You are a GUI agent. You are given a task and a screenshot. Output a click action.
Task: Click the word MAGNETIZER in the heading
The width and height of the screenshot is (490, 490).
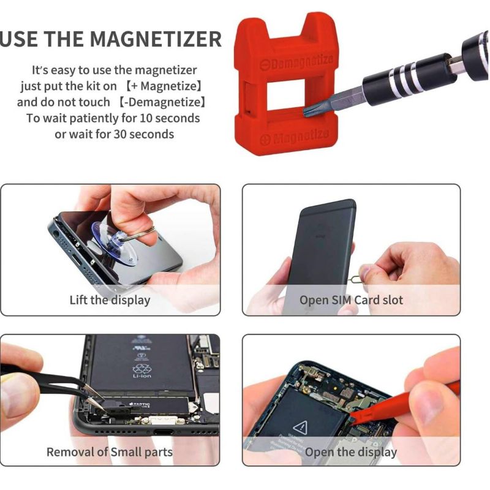(156, 39)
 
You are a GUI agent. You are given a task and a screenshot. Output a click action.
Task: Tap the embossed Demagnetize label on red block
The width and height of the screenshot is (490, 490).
(295, 62)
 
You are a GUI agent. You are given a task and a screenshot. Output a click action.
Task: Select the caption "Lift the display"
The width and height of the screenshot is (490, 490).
(110, 300)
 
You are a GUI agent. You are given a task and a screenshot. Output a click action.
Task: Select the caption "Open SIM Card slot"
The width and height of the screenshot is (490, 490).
(351, 300)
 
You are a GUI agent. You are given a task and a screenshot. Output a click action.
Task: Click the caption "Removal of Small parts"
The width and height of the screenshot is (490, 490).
(110, 453)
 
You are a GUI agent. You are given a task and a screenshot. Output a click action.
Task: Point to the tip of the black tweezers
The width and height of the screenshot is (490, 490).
(92, 399)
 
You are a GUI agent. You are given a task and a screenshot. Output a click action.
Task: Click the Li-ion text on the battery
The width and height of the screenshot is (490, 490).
(141, 375)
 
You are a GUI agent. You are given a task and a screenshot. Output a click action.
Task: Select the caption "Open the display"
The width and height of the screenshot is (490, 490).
(351, 453)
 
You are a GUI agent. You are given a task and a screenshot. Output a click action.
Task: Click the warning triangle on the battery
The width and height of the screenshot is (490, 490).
(301, 426)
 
